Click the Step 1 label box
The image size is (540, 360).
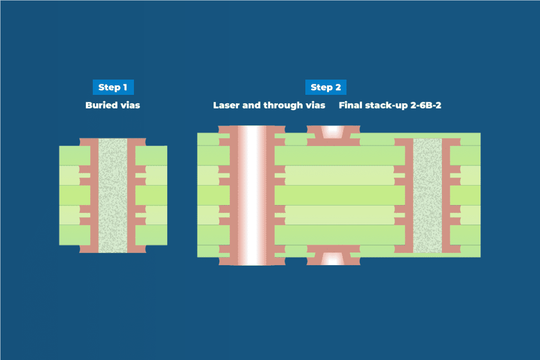[113, 87]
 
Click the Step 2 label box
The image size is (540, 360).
[326, 87]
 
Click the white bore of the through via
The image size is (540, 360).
[252, 195]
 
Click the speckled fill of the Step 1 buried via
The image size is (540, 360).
[113, 196]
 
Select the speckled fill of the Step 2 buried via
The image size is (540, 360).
[427, 196]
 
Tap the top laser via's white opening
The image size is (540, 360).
[333, 131]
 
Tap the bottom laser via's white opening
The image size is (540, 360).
[333, 259]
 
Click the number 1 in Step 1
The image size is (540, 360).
[125, 87]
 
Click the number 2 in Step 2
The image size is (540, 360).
[338, 87]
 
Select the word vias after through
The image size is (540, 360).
[315, 105]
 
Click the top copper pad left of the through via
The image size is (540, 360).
[224, 130]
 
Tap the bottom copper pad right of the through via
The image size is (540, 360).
[279, 261]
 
